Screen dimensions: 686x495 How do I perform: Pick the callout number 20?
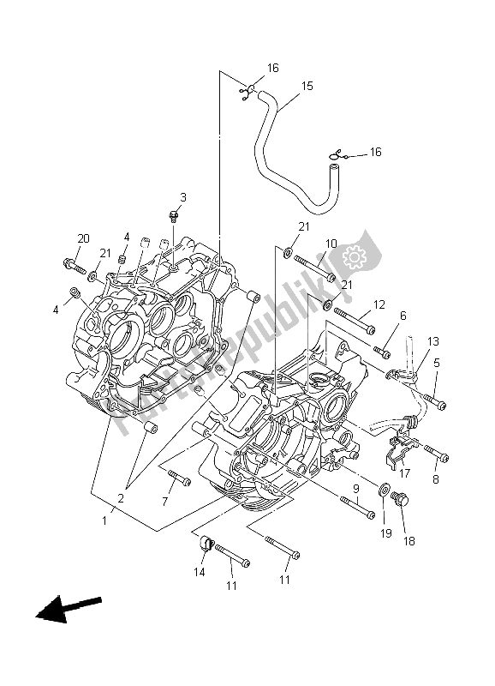click(83, 238)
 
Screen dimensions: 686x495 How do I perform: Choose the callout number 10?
click(331, 244)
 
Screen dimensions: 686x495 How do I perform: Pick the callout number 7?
click(164, 502)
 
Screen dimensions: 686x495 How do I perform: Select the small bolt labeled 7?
click(181, 478)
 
